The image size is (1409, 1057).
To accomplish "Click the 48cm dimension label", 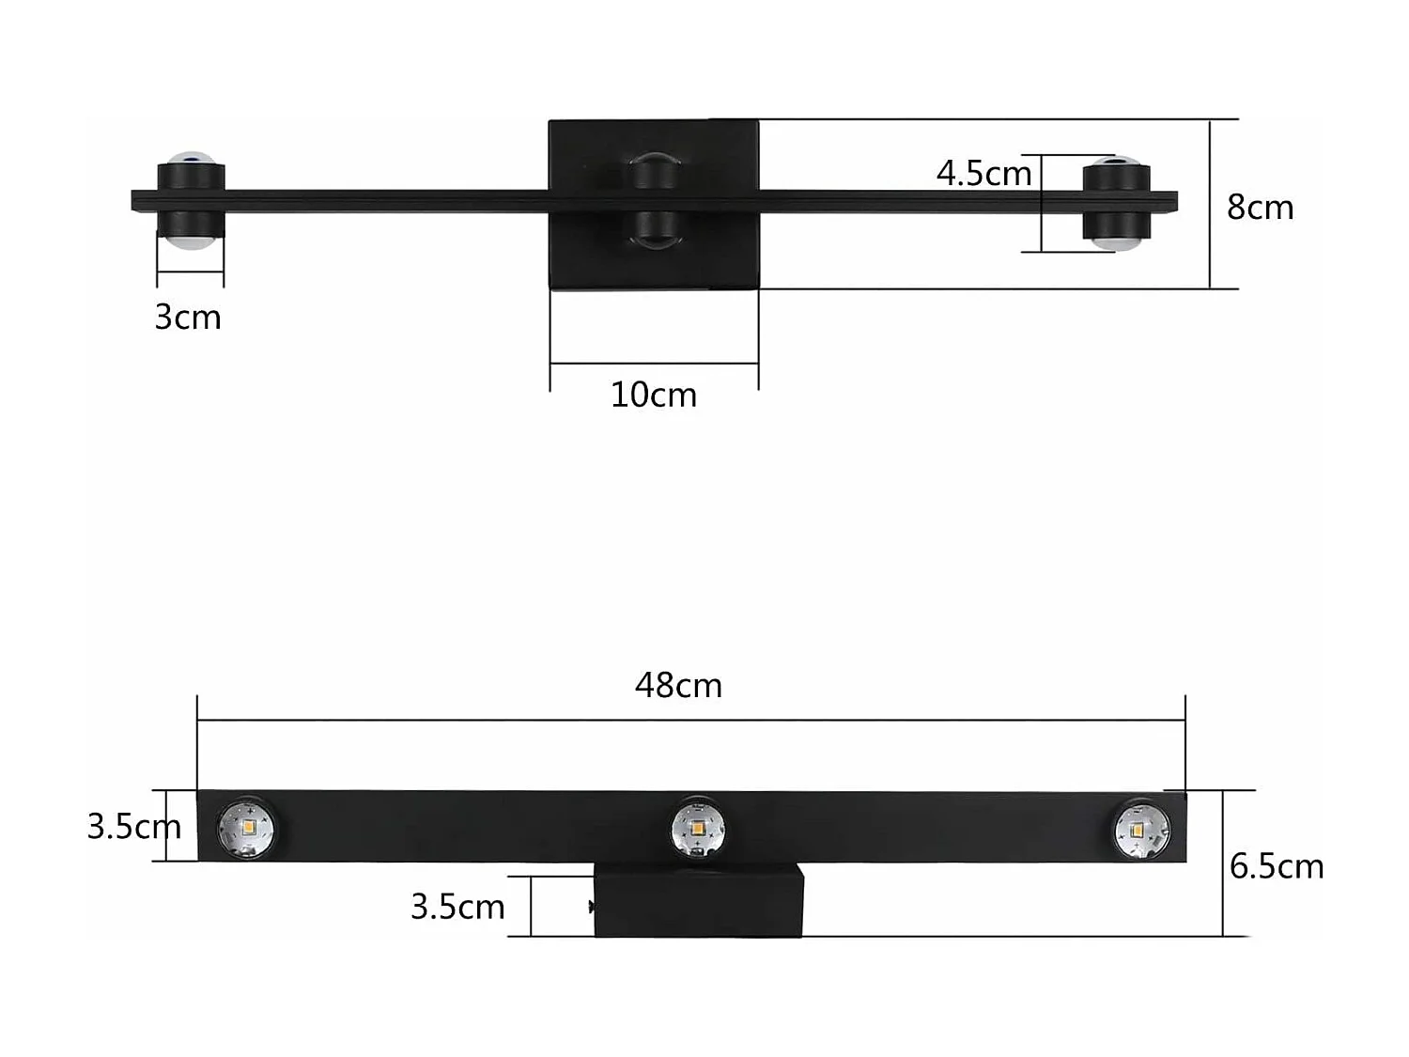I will (678, 686).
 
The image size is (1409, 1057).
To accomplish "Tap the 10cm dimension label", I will (654, 396).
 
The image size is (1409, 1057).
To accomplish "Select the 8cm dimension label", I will (1260, 208).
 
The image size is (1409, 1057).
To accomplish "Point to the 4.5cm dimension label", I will (983, 174).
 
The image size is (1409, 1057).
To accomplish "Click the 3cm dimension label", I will (188, 318).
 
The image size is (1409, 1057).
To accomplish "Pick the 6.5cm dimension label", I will (1277, 866).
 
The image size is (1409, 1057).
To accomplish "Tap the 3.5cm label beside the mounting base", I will (457, 907).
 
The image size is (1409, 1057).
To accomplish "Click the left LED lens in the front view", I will (245, 828).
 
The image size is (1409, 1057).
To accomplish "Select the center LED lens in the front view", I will (698, 829).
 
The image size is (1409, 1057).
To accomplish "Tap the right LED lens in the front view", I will (1141, 830).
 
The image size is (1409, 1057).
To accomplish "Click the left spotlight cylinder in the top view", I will (191, 201).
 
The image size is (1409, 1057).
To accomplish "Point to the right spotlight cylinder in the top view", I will (1116, 202).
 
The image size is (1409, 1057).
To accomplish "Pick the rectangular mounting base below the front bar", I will (699, 902).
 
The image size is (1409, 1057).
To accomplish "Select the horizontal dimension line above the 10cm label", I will (654, 363).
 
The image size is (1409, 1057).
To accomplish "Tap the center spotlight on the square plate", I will (654, 201).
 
